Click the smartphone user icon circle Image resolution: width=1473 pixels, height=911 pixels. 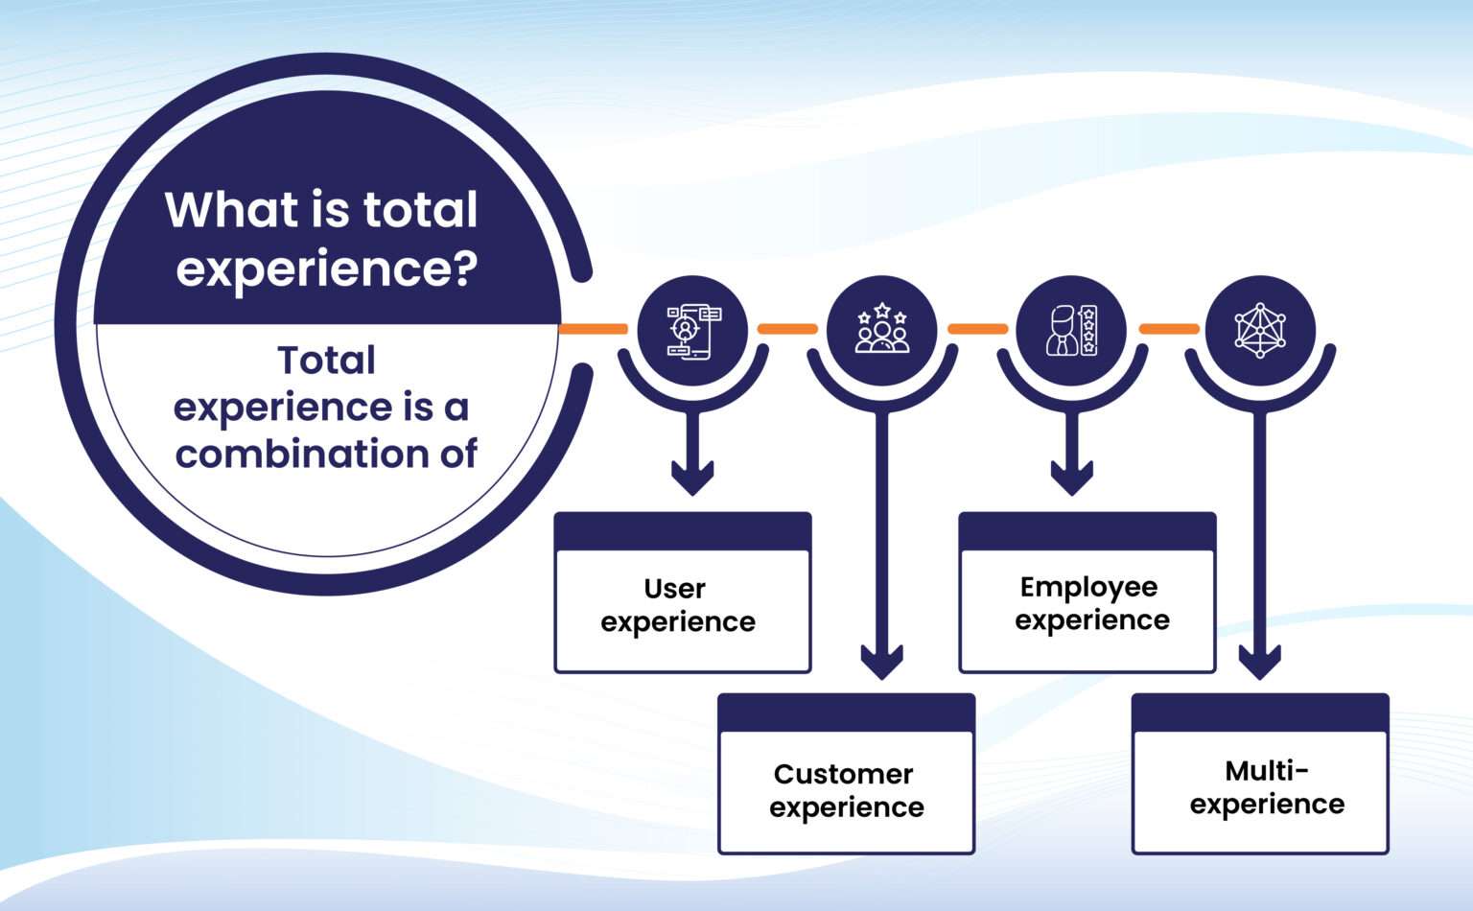click(x=692, y=330)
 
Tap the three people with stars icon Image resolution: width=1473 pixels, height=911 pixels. click(x=881, y=330)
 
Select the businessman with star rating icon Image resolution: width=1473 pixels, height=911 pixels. click(x=1071, y=330)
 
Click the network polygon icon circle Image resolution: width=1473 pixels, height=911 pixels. click(x=1260, y=330)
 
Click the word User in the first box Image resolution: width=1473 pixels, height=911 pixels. click(x=675, y=588)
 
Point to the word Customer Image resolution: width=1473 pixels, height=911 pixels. click(x=843, y=774)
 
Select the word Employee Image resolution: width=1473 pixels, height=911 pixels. click(x=1088, y=586)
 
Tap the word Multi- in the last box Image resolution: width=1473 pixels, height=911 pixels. click(x=1267, y=770)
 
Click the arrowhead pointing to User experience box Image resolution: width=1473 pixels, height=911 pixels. click(x=692, y=476)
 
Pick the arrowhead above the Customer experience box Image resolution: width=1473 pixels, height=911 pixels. click(x=881, y=661)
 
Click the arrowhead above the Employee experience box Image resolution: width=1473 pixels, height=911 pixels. click(x=1071, y=476)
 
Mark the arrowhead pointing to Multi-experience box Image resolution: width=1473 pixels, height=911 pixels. click(x=1260, y=661)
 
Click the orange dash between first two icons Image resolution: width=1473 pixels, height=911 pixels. click(x=787, y=329)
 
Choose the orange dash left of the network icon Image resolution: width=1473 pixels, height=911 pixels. click(x=1169, y=329)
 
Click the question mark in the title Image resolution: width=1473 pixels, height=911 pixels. click(x=465, y=268)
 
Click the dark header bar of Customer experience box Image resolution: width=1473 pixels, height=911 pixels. click(x=847, y=712)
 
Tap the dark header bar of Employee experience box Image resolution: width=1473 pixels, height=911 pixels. click(x=1087, y=531)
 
